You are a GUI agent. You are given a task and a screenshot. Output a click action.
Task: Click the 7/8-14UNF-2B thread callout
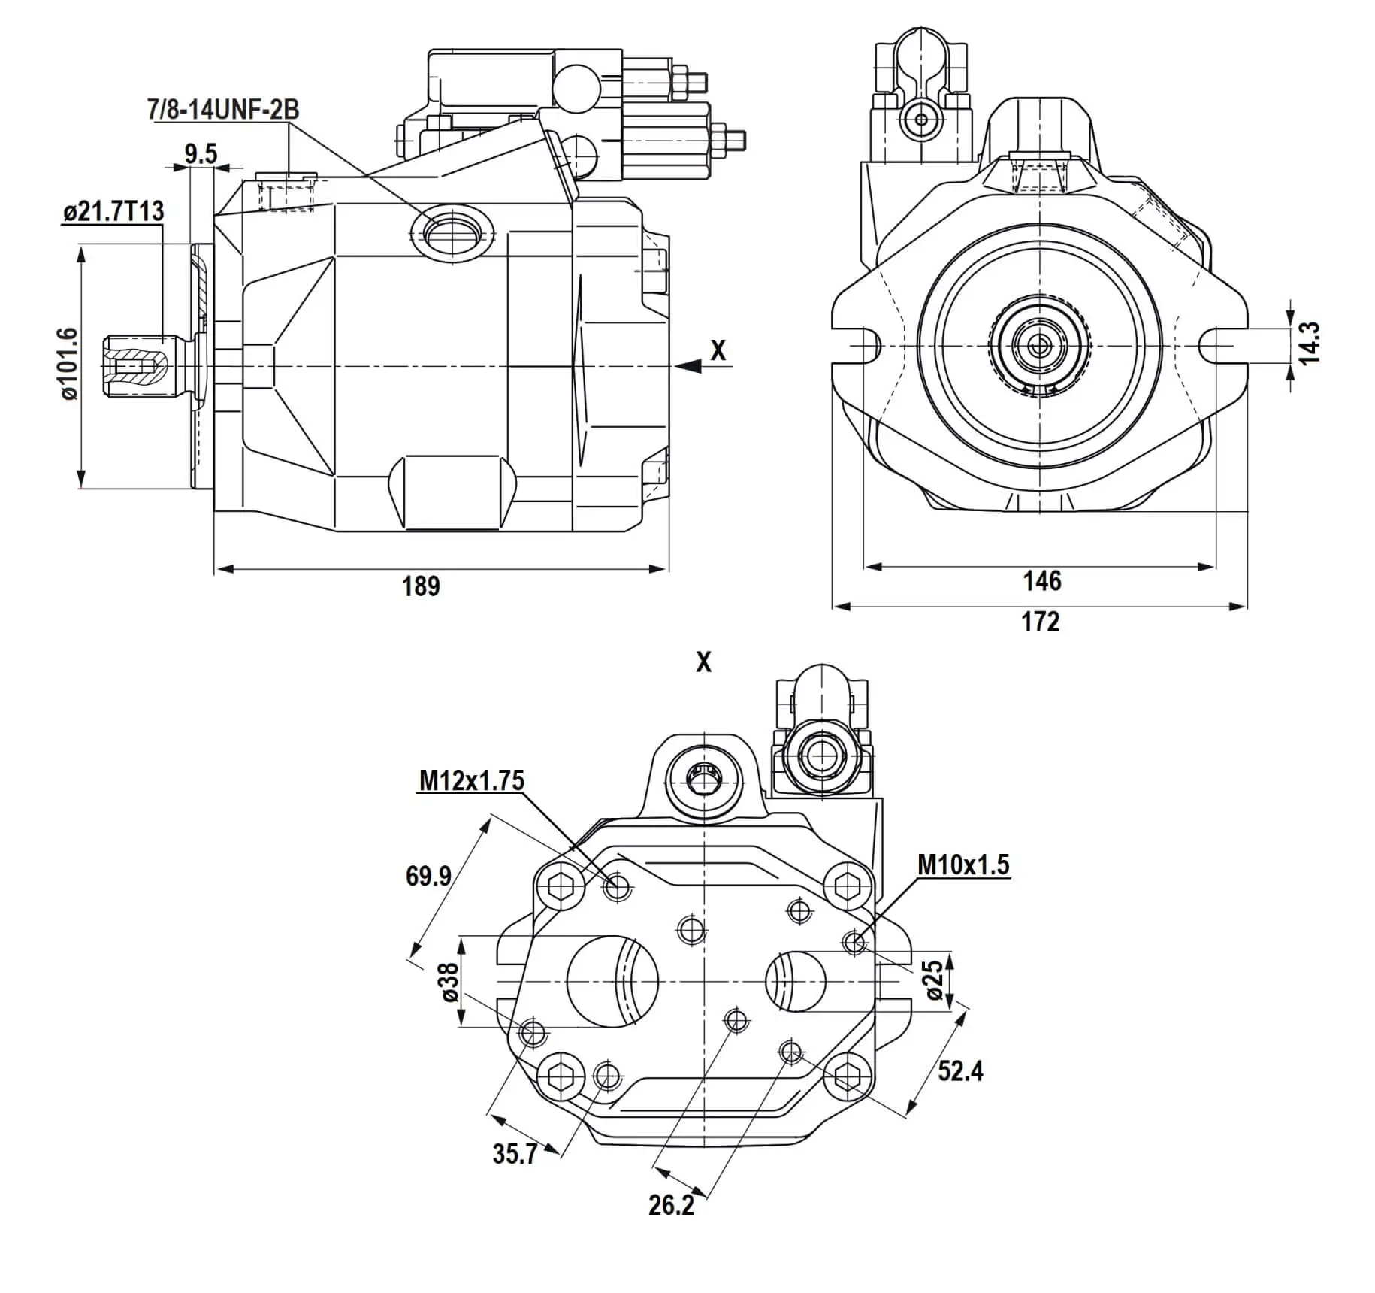point(223,110)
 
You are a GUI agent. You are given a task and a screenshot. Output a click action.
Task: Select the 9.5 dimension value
point(201,154)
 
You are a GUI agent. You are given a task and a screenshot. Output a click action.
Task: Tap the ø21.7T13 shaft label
point(113,211)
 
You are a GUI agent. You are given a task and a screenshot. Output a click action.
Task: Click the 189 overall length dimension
point(421,586)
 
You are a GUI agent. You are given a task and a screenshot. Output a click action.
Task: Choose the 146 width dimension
point(1042,580)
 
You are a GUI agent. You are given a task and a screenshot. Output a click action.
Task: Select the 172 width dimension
point(1041,622)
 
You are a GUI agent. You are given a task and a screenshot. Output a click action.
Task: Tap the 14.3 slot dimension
point(1309,343)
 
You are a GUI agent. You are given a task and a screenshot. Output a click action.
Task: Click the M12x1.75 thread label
point(471,780)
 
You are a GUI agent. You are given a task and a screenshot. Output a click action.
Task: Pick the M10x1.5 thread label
point(963,865)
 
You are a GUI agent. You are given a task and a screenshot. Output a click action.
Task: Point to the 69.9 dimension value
point(428,876)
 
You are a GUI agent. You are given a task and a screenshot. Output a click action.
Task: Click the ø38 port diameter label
point(449,983)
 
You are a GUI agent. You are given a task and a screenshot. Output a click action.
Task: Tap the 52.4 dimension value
point(960,1070)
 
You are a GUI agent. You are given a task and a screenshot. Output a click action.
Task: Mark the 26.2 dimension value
point(671,1205)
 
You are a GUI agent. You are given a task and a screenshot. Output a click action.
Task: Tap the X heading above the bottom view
point(703,662)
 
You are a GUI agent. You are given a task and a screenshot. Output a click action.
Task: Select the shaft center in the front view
point(1041,345)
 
